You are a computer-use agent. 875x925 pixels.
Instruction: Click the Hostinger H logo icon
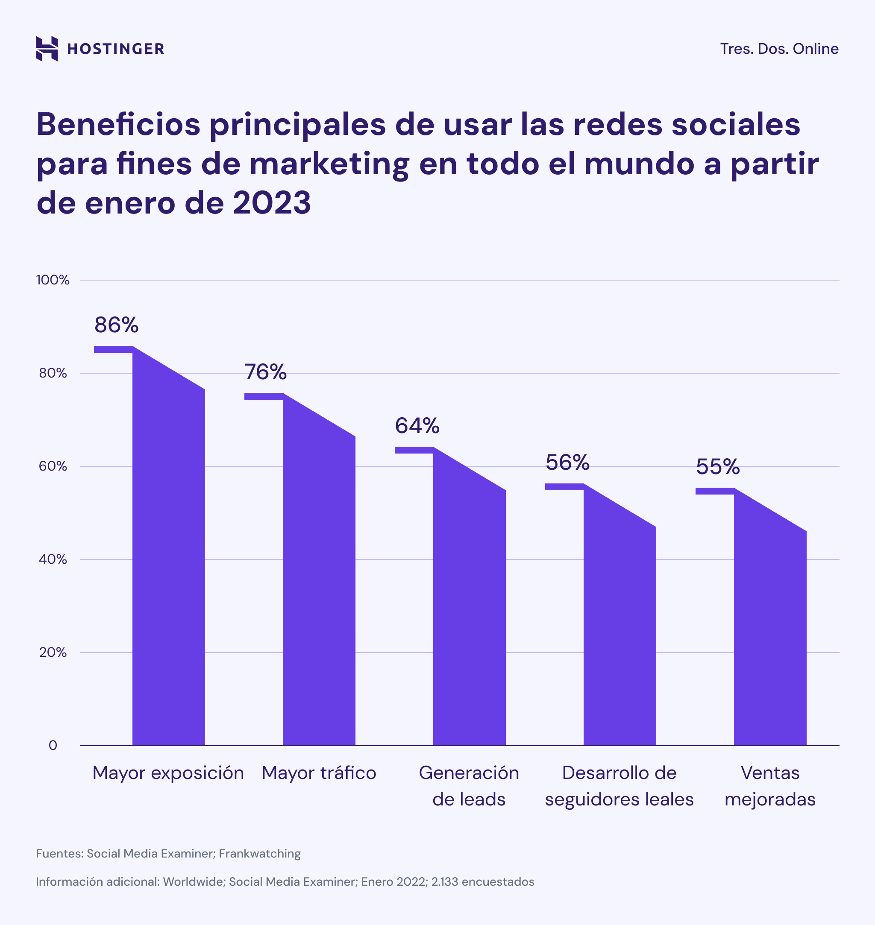tap(47, 49)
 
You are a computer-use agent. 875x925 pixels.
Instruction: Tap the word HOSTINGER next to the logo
tap(116, 49)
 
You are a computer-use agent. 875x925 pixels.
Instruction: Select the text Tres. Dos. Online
tap(779, 49)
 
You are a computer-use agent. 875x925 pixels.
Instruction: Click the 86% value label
tap(117, 325)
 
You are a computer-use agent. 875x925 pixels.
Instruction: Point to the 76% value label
tap(265, 372)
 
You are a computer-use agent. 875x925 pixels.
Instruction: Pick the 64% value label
tap(417, 426)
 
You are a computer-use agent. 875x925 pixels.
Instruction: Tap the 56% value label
tap(567, 462)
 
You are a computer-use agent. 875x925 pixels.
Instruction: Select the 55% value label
tap(718, 467)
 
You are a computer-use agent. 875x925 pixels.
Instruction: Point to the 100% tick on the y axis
tap(53, 280)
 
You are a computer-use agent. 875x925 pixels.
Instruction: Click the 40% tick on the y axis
tap(53, 559)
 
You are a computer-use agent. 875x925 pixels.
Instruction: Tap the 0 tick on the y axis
tap(53, 746)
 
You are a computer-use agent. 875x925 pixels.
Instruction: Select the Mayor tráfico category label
tap(319, 773)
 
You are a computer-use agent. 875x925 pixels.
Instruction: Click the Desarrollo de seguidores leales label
tap(619, 786)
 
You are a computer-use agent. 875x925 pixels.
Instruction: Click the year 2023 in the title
tap(271, 202)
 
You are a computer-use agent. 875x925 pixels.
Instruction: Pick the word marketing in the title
tap(329, 164)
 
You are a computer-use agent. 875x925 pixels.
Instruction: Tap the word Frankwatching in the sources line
tap(259, 854)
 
